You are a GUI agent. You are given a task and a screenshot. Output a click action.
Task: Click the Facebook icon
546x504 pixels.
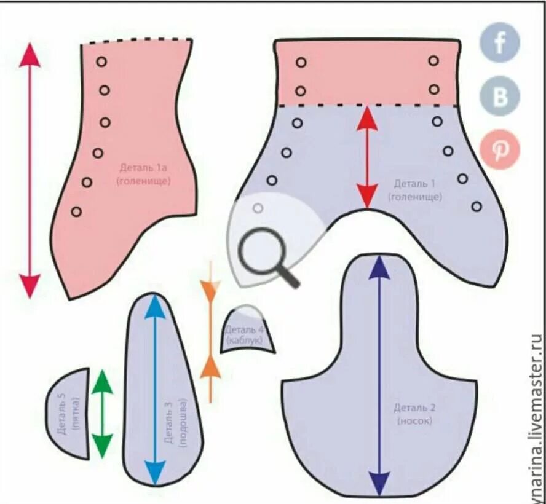(499, 43)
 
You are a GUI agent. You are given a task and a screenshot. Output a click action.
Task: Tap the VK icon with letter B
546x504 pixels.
(500, 96)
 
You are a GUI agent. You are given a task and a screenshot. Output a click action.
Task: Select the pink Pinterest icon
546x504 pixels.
(501, 149)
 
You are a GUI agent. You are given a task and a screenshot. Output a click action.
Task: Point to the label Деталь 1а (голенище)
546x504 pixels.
(145, 173)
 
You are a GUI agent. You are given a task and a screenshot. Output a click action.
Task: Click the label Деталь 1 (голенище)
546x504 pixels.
(414, 190)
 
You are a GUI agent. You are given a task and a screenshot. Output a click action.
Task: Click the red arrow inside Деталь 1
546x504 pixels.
(367, 157)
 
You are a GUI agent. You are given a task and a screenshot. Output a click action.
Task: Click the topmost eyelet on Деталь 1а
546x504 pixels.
(101, 62)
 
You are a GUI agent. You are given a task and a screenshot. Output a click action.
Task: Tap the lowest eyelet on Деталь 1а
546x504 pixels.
(76, 211)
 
